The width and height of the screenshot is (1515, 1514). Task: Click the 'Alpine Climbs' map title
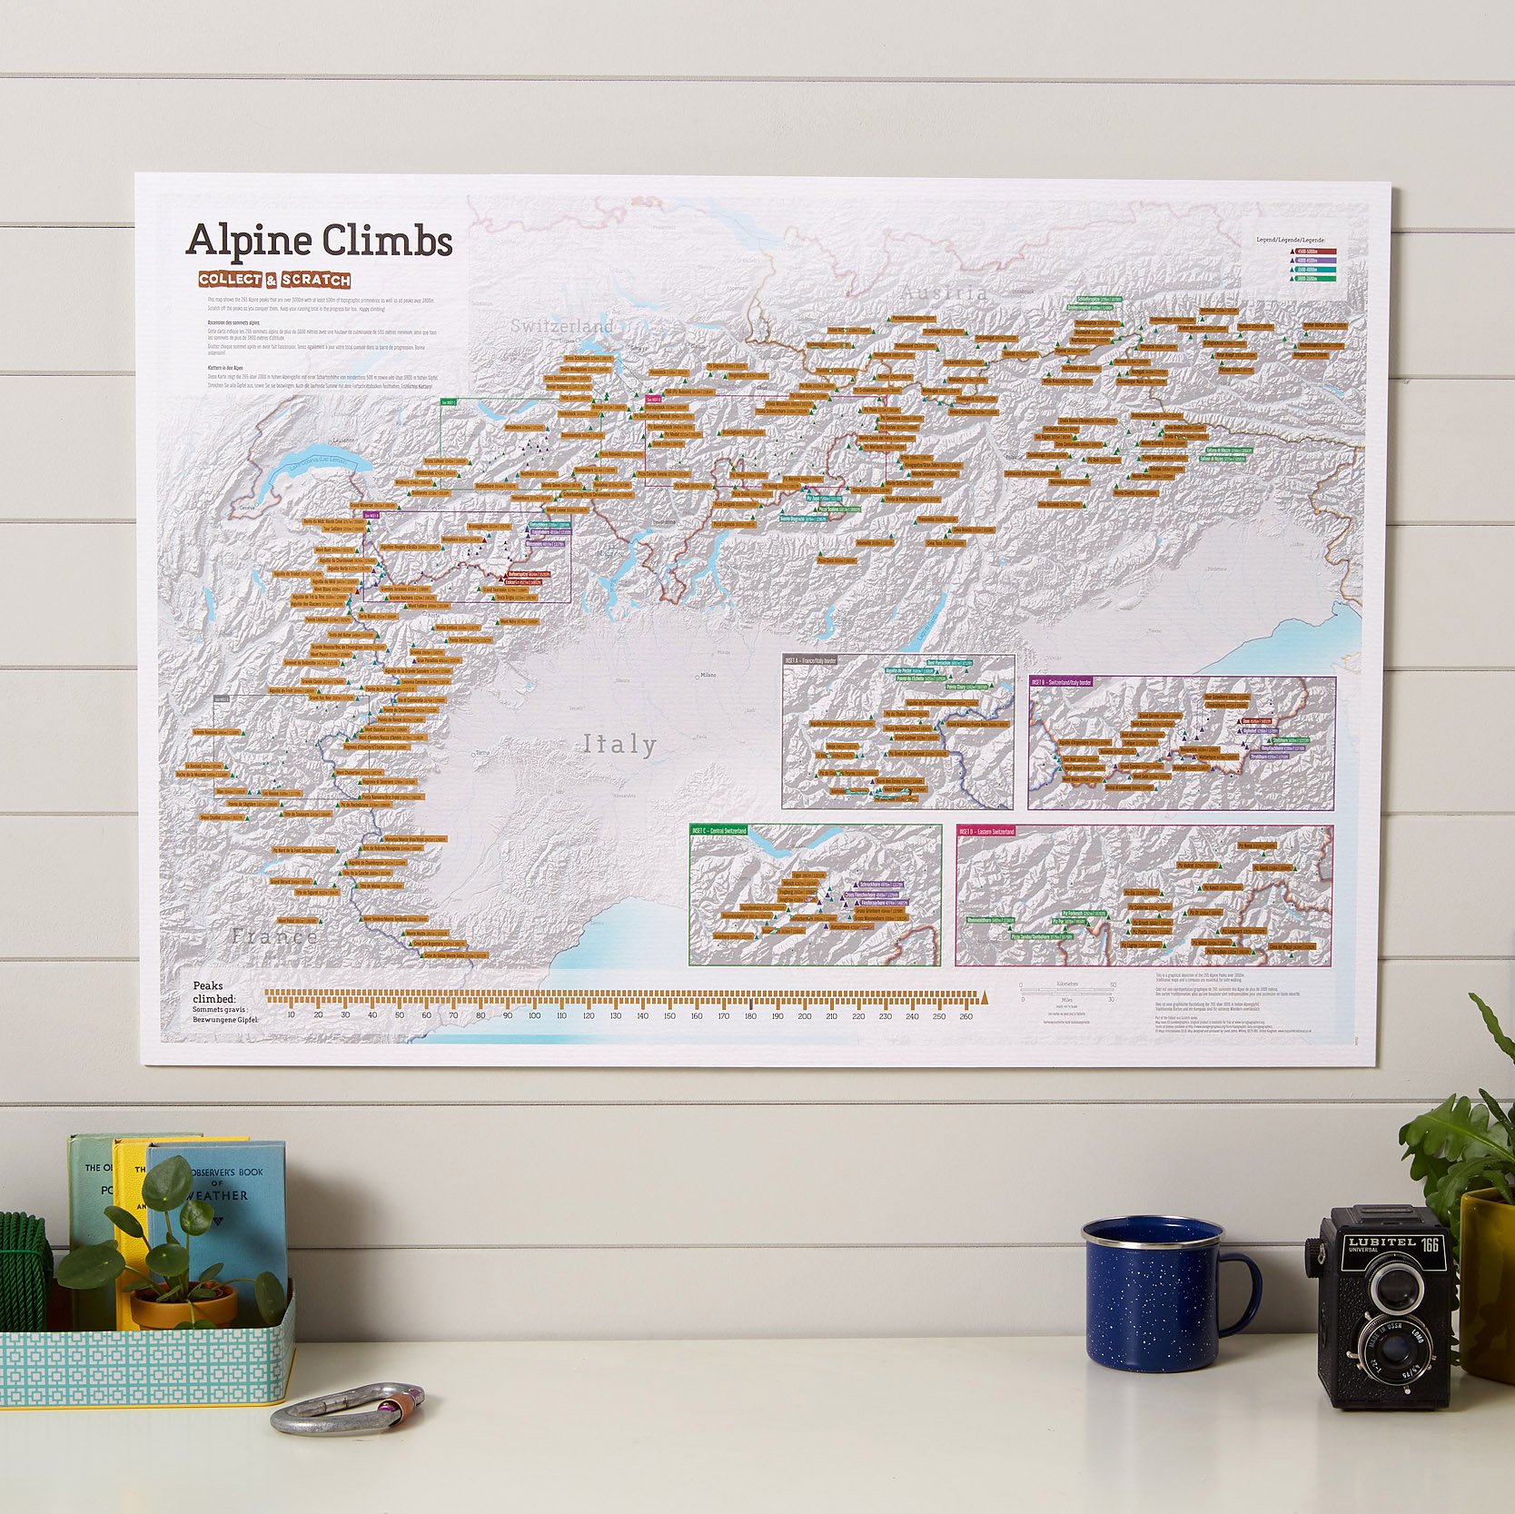coord(319,241)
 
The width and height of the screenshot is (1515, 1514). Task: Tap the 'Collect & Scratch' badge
coord(274,280)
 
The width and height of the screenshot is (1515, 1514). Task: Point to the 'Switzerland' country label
coord(561,325)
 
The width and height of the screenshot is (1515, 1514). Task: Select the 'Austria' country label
coord(944,292)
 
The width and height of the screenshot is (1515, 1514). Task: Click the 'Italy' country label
coord(619,745)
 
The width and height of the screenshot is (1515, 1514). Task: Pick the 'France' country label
coord(274,936)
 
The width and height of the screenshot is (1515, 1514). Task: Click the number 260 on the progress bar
coord(965,1016)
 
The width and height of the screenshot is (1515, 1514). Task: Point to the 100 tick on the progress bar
coord(534,1016)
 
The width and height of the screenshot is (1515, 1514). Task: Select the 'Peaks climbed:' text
coord(214,993)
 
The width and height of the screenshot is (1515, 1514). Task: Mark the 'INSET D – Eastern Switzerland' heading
coord(988,831)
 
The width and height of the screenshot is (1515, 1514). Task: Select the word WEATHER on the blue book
coord(218,1195)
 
